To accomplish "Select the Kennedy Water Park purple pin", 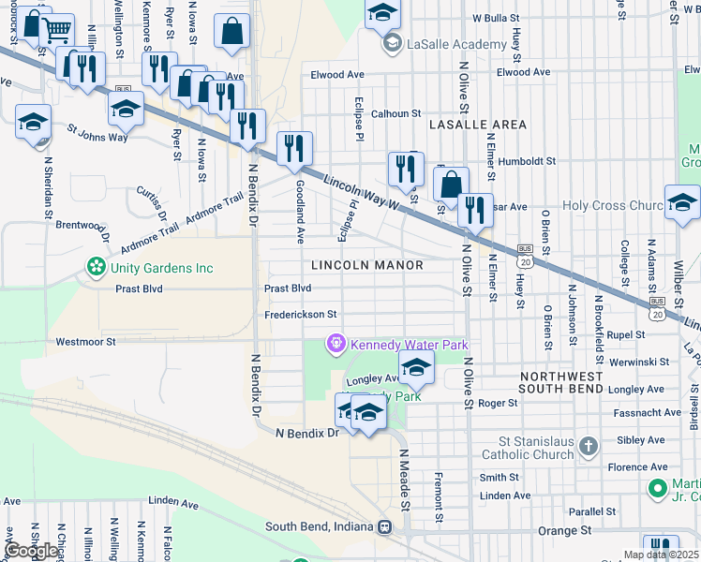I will click(336, 345).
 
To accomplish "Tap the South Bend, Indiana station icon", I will click(384, 526).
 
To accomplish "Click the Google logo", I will click(31, 551).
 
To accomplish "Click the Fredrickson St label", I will click(300, 316).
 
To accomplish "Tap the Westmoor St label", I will click(85, 343).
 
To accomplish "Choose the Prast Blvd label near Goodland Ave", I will click(288, 288).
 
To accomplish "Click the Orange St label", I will click(565, 530).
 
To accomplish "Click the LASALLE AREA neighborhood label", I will click(477, 125).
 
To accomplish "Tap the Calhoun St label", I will click(396, 113).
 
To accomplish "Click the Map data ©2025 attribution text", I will click(661, 555).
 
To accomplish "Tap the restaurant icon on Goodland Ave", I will click(294, 148).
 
